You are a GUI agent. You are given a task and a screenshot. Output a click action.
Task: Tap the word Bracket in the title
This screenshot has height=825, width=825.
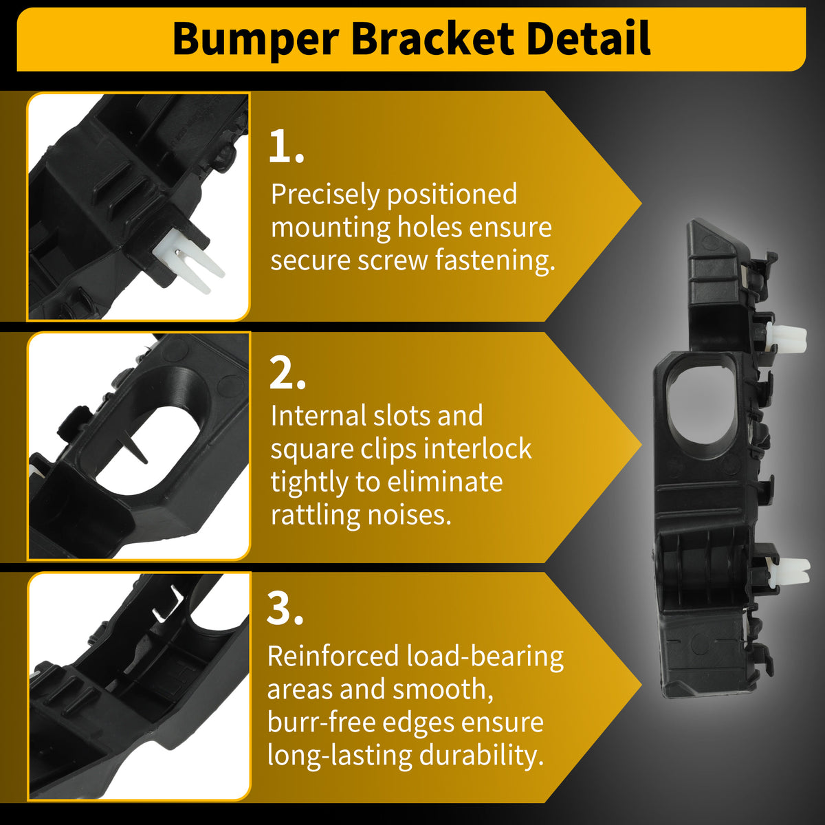pos(432,39)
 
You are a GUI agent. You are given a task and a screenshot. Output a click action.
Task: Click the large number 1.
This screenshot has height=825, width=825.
pos(285,147)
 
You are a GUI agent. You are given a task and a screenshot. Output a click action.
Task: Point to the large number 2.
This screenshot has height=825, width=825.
pos(287,373)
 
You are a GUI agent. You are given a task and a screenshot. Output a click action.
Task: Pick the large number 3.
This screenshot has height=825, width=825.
pos(285,609)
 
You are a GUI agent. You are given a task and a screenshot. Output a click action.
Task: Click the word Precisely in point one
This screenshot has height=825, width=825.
pos(325,195)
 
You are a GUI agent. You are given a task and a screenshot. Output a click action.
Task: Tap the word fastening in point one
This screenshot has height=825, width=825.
pos(495,261)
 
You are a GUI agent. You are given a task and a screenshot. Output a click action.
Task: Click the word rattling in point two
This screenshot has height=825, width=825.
pos(315,516)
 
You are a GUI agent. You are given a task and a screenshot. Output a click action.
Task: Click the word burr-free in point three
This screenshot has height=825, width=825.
pos(321,723)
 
